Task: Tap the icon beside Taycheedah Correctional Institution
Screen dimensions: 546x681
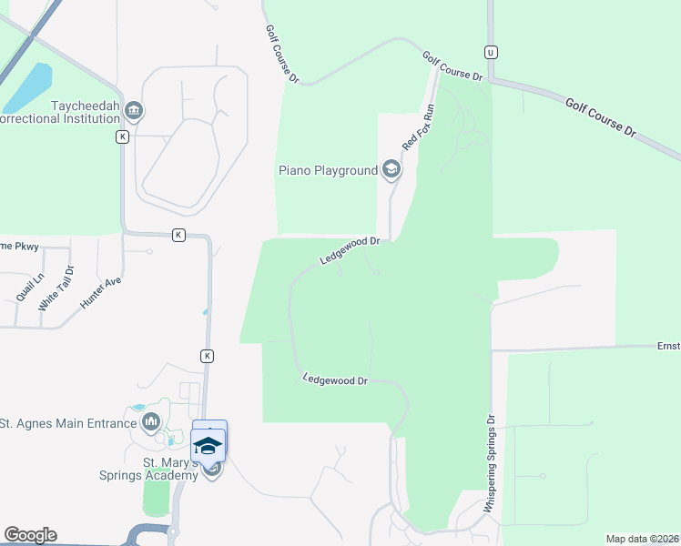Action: click(x=135, y=112)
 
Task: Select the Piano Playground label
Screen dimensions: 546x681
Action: click(x=328, y=170)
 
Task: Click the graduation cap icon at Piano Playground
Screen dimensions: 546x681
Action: click(x=391, y=169)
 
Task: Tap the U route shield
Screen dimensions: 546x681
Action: click(x=491, y=52)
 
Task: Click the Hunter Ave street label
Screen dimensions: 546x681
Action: click(x=100, y=294)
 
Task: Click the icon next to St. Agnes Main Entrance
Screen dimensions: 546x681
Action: click(x=151, y=421)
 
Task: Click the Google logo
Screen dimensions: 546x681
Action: click(x=29, y=535)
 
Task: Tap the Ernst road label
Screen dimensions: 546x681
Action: click(x=668, y=346)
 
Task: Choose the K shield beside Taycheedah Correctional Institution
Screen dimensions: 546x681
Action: click(x=122, y=136)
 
